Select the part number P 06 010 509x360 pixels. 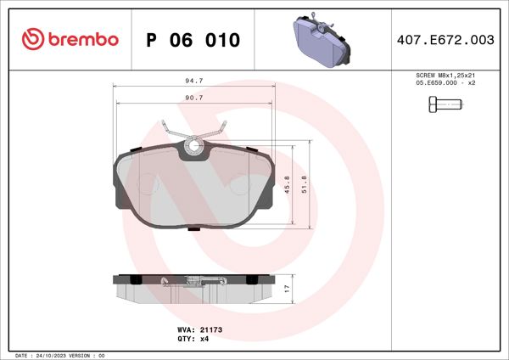click(x=193, y=40)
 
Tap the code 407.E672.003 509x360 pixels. click(x=445, y=40)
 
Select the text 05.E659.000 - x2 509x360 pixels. click(x=445, y=83)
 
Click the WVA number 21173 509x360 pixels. click(x=210, y=329)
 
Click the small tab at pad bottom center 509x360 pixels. click(x=194, y=228)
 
